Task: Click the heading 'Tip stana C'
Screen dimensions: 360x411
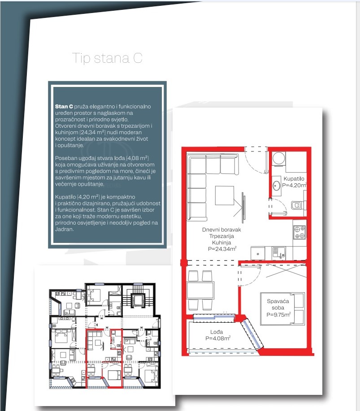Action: (x=107, y=58)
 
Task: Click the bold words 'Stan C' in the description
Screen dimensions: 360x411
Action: (x=64, y=106)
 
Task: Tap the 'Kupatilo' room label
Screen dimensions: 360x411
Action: (x=294, y=179)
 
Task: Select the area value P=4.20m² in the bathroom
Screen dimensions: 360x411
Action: (x=294, y=185)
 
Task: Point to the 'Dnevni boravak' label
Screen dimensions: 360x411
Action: (x=221, y=229)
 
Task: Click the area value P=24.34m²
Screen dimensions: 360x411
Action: (x=222, y=249)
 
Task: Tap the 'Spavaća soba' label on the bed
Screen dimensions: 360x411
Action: (x=278, y=305)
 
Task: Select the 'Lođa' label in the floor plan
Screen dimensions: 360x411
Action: (x=217, y=332)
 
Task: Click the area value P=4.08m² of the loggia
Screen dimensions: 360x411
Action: (x=218, y=338)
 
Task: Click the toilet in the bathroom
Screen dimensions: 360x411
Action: (x=298, y=205)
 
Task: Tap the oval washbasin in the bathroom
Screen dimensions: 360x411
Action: (x=276, y=186)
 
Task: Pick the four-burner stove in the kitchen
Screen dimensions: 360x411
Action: (x=299, y=232)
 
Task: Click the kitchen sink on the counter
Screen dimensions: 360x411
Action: (x=278, y=253)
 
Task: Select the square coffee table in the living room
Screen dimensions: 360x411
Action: (x=225, y=195)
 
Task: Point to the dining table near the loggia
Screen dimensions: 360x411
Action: (x=200, y=290)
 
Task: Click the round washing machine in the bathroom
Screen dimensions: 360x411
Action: (x=279, y=158)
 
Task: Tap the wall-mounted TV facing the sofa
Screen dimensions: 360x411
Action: (x=243, y=206)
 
